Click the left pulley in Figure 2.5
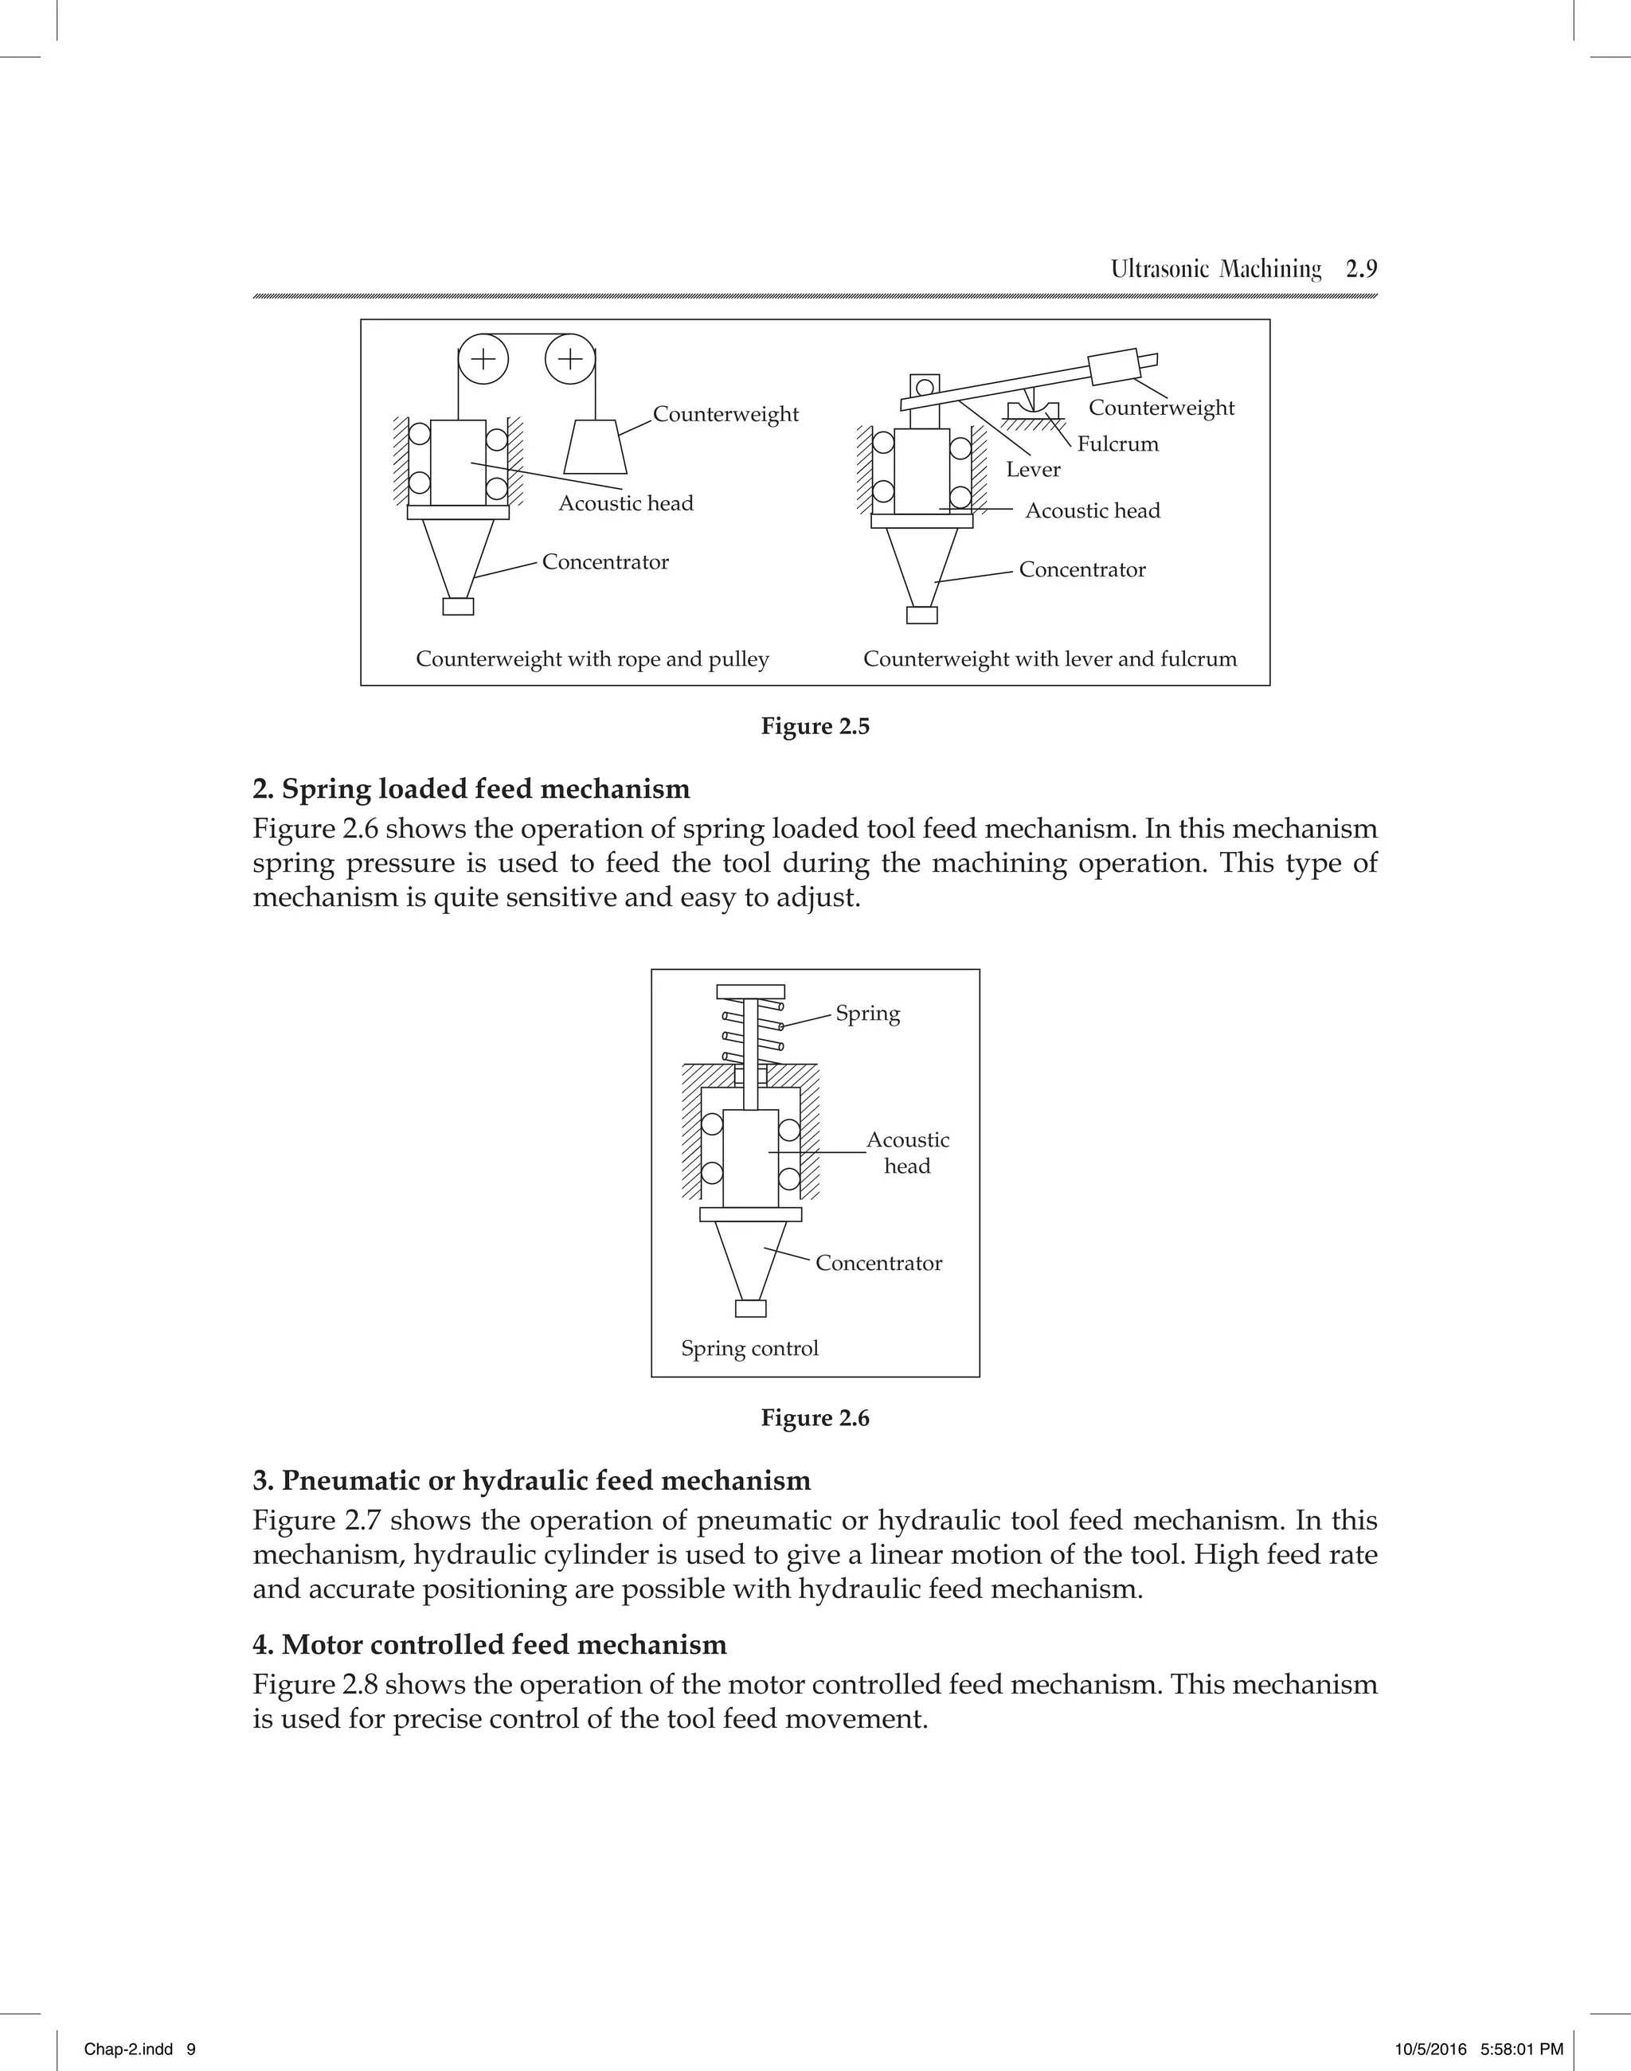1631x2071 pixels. coord(483,359)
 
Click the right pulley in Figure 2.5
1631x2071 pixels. coord(570,359)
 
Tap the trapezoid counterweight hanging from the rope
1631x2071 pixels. coord(595,447)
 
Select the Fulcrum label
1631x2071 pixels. coord(1117,444)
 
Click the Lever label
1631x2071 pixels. coord(1032,470)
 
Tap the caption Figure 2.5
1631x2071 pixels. coord(815,727)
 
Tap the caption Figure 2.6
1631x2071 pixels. coord(815,1418)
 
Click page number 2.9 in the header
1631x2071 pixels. coord(1361,269)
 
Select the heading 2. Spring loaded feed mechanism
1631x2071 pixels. coord(471,790)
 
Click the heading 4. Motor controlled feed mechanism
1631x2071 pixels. coord(489,1644)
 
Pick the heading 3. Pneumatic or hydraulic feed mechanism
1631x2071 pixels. coord(531,1481)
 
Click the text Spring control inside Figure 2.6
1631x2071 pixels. coord(749,1348)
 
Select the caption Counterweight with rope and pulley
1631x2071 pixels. coord(592,658)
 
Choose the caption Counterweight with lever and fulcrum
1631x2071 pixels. coord(1050,658)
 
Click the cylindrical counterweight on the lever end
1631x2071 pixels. coord(1114,366)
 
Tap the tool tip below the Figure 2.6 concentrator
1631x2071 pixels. coord(750,1308)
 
